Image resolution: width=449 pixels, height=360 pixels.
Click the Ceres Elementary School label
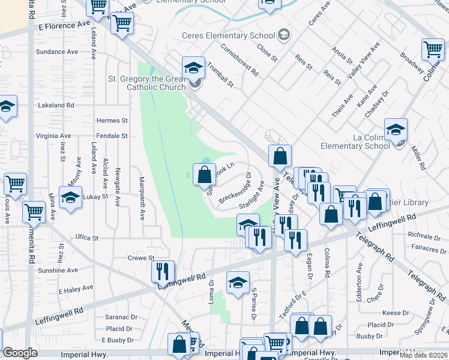pos(232,36)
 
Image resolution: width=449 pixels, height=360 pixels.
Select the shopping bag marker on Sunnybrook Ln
pos(204,176)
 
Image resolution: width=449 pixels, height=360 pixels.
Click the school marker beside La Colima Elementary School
pos(396,130)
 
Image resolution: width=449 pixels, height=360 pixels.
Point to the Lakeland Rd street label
pos(55,104)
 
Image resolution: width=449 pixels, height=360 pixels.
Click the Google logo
pos(20,353)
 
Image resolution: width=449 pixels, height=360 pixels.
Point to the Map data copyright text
pos(423,355)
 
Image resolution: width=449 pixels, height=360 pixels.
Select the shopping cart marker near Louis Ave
pos(15,185)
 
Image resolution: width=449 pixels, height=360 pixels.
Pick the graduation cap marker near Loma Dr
pos(238,283)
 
